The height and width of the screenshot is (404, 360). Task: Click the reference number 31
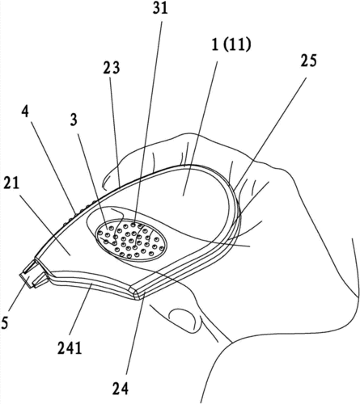pos(160,9)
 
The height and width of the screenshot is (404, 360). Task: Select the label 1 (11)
pos(231,45)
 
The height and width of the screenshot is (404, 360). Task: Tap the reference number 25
pos(308,61)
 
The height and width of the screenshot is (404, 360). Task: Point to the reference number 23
pos(112,68)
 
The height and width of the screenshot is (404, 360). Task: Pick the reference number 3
pos(74,120)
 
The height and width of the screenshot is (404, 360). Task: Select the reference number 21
pos(11,184)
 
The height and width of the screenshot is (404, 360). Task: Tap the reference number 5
pos(4,323)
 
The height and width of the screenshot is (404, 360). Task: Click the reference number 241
pos(70,349)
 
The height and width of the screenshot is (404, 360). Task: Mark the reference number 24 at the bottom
pos(120,389)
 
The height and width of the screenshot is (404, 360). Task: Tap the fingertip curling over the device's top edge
pos(111,175)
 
